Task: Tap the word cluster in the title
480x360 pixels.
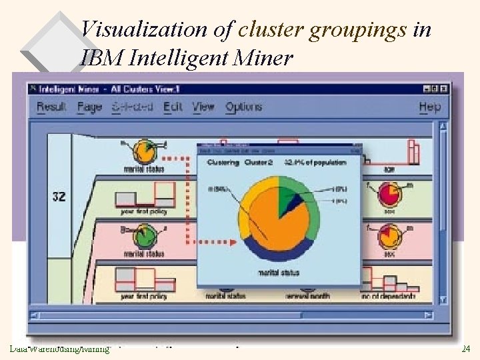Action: click(269, 30)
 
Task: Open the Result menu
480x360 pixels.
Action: click(51, 107)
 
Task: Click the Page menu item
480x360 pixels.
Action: click(89, 107)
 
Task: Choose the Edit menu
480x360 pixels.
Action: click(172, 107)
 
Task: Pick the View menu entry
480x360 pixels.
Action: click(203, 107)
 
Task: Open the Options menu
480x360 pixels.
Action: click(243, 107)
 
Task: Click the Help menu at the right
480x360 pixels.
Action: click(430, 107)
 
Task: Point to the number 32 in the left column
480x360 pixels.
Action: click(59, 197)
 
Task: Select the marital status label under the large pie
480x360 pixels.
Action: click(278, 273)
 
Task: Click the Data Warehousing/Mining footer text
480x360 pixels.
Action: click(59, 349)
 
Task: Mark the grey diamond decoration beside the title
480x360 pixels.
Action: click(50, 43)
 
